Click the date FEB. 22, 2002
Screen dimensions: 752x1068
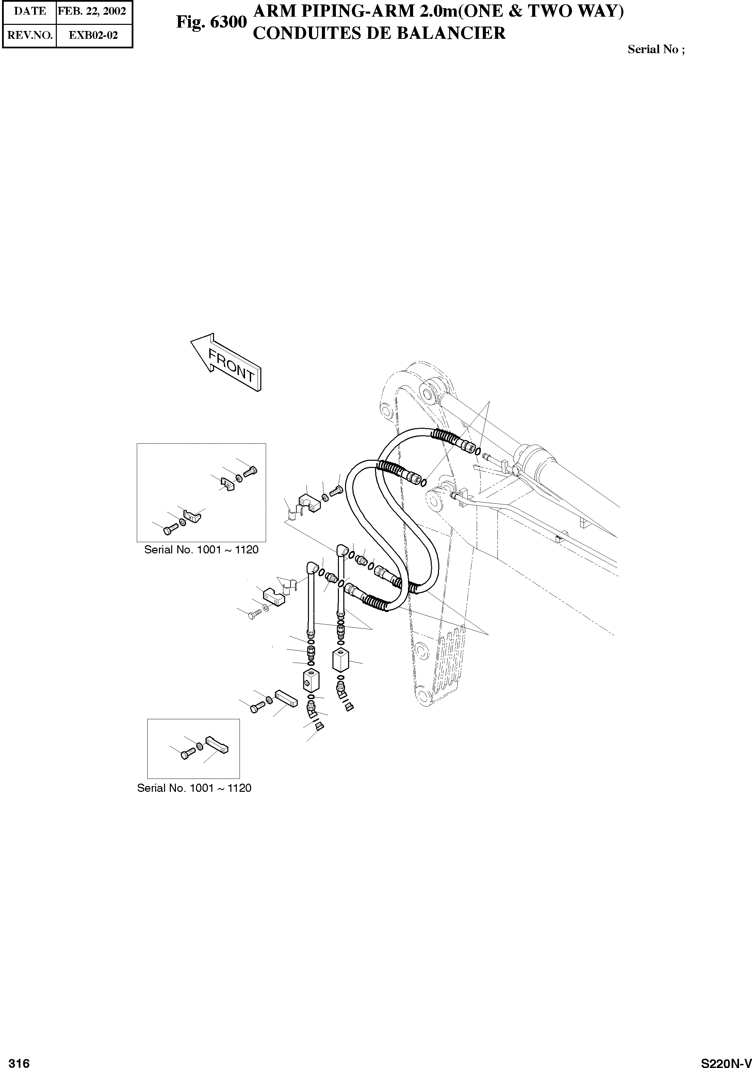tap(92, 11)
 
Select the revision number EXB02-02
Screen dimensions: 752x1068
tap(93, 35)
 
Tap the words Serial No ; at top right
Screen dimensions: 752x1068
tap(656, 50)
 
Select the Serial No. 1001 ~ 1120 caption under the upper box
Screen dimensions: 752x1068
tap(201, 550)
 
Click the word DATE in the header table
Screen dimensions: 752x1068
tap(30, 11)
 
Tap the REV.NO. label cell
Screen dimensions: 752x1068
tap(30, 35)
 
